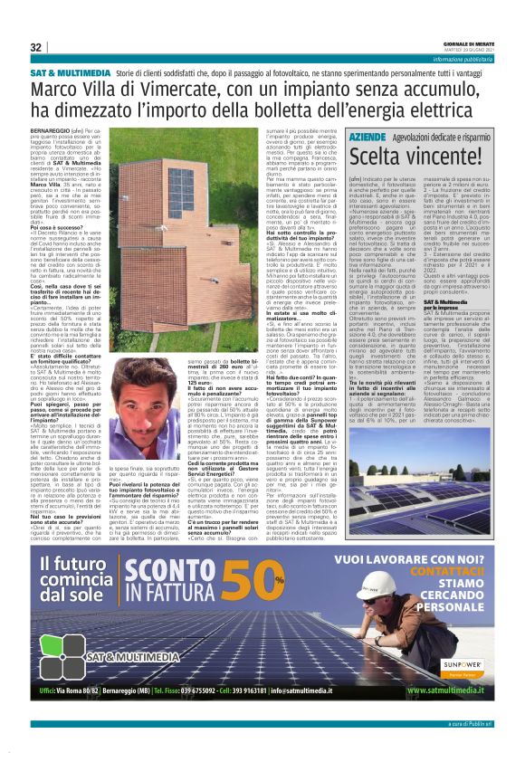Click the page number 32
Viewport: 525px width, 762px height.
tap(36, 47)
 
